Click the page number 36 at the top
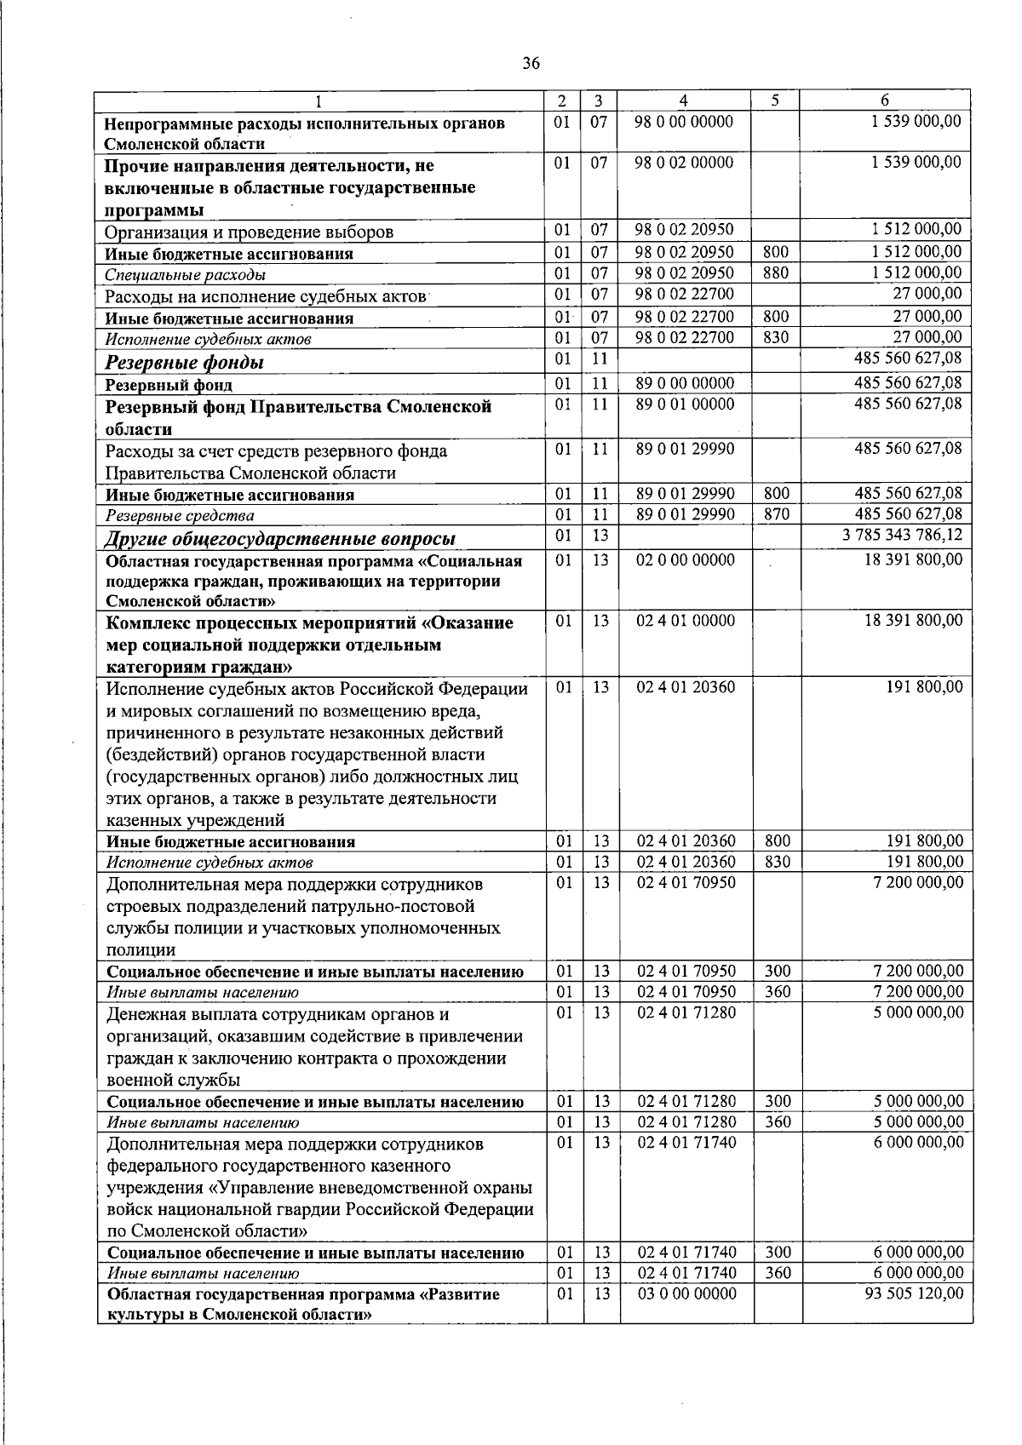tap(531, 63)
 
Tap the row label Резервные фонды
tap(184, 364)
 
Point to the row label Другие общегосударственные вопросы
tap(279, 539)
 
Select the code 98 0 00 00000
tap(685, 122)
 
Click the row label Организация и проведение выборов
tap(249, 232)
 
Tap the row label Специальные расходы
tap(185, 275)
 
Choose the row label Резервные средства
tap(180, 516)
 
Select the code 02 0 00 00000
tap(685, 560)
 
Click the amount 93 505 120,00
tap(914, 1293)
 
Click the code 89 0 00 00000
tap(685, 384)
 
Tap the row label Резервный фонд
tap(169, 386)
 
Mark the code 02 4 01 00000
tap(686, 621)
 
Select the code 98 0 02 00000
tap(685, 163)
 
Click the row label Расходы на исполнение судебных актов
tap(265, 297)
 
